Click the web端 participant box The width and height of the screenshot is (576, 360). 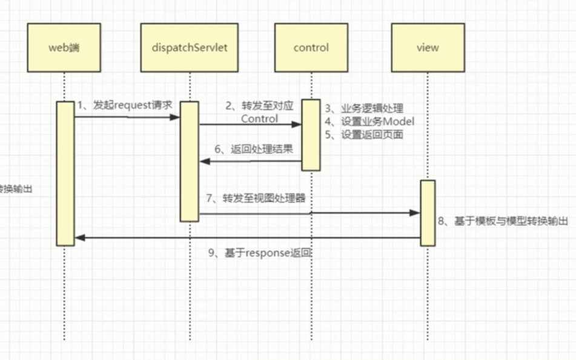tap(64, 48)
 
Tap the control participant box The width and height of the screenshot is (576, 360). tap(311, 48)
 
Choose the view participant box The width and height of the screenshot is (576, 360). tap(428, 48)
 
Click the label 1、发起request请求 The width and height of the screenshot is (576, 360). tap(125, 105)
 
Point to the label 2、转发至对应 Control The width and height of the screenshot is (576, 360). tap(259, 112)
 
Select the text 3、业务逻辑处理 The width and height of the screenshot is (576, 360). tap(365, 108)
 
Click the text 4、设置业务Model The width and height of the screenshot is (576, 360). tap(369, 122)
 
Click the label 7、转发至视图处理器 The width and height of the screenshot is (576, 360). tap(256, 198)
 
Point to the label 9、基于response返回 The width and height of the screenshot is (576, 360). tap(260, 254)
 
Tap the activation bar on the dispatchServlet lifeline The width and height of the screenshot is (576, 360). tap(189, 161)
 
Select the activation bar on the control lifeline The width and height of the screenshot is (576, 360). tap(311, 135)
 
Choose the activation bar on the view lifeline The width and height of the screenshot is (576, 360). tap(428, 213)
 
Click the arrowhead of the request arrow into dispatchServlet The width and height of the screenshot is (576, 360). tap(175, 117)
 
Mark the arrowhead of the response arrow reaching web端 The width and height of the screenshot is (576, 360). tap(79, 238)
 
